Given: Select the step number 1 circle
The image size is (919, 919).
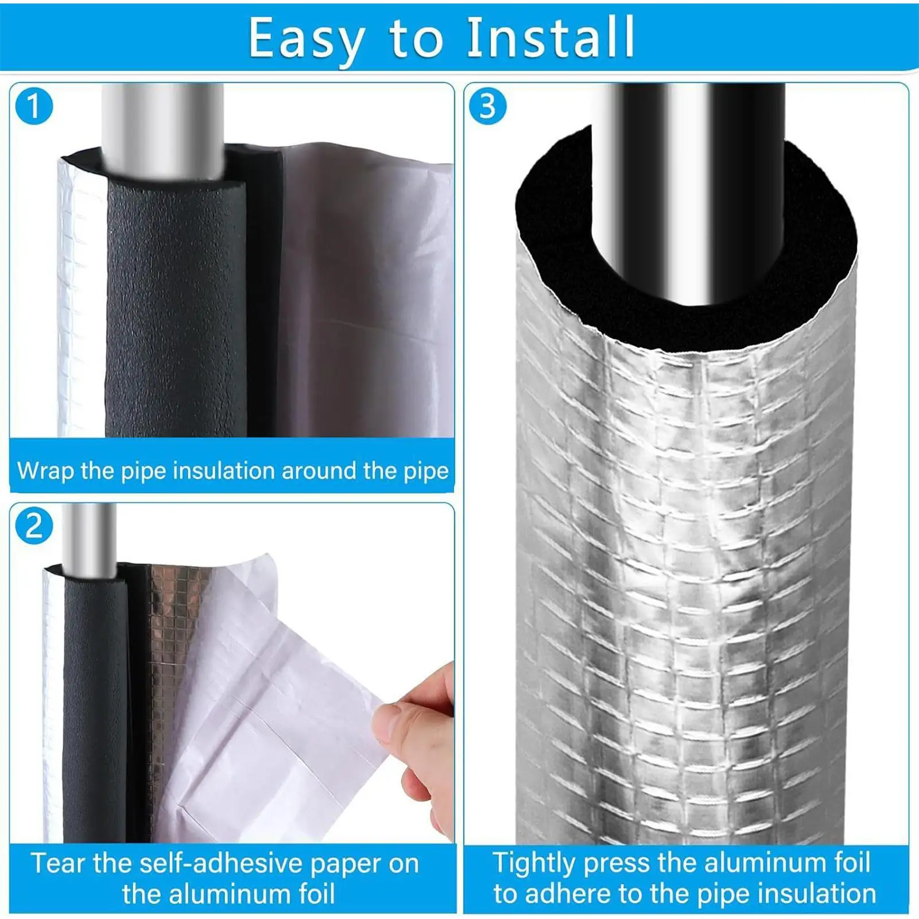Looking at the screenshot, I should point(34,106).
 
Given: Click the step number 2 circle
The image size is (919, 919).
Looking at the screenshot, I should point(34,526).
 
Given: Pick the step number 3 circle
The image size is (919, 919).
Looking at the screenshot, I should point(487,106).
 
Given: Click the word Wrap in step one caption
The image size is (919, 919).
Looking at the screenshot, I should point(45,471).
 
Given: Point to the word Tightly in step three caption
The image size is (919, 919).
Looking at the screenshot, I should point(534,863).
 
